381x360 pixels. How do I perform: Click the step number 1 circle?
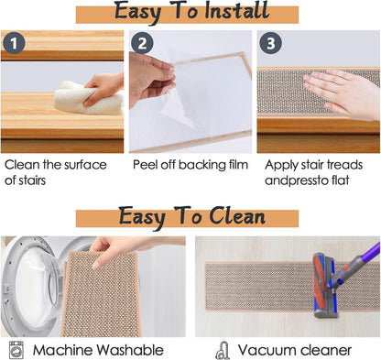click(x=14, y=43)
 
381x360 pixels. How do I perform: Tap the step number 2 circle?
click(x=142, y=43)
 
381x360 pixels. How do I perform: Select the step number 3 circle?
click(x=271, y=43)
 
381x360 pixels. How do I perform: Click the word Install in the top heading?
click(x=237, y=11)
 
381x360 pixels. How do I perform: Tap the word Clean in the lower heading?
click(x=237, y=216)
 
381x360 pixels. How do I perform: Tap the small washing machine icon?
click(x=16, y=350)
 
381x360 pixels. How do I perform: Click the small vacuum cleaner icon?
click(x=223, y=351)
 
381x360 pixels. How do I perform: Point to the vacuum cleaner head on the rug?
click(x=324, y=286)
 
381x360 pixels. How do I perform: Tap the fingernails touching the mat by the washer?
click(x=97, y=265)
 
